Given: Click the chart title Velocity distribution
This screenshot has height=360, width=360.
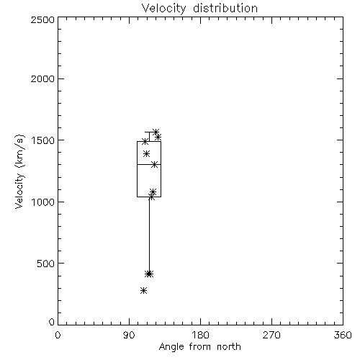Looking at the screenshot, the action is (199, 8).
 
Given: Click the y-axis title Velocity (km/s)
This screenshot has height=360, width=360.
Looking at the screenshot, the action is (19, 171).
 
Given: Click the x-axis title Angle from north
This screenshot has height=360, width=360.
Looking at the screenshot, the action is (199, 347).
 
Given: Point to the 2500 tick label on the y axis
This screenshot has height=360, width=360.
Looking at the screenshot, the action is (42, 19).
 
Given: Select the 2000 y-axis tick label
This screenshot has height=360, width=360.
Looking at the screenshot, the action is (42, 78).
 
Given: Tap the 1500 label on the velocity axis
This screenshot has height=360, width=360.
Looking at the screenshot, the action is (43, 140).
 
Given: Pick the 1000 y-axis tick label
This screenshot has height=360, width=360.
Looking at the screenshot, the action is (43, 202).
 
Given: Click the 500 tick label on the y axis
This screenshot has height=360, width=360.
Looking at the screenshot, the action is (46, 264).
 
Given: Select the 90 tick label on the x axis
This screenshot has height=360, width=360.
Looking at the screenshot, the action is (129, 335).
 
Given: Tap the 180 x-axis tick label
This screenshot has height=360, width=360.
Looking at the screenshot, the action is (200, 335).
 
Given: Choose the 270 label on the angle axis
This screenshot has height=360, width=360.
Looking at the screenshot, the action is (271, 335).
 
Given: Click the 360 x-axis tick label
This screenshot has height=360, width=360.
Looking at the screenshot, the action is (343, 335).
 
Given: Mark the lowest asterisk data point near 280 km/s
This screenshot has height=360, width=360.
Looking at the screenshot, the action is (143, 291).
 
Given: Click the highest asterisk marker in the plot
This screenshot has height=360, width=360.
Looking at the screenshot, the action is (156, 132).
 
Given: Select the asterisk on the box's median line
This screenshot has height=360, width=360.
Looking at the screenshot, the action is (155, 165).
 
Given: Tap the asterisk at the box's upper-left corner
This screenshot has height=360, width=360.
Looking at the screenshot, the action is (145, 141).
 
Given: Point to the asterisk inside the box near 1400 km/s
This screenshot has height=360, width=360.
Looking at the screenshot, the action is (146, 154).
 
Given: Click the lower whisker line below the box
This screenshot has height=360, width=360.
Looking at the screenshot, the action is (149, 235).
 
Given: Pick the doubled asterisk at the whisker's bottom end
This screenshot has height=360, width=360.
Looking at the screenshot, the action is (149, 274).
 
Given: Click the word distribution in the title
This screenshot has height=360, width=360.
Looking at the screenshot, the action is (225, 8).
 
